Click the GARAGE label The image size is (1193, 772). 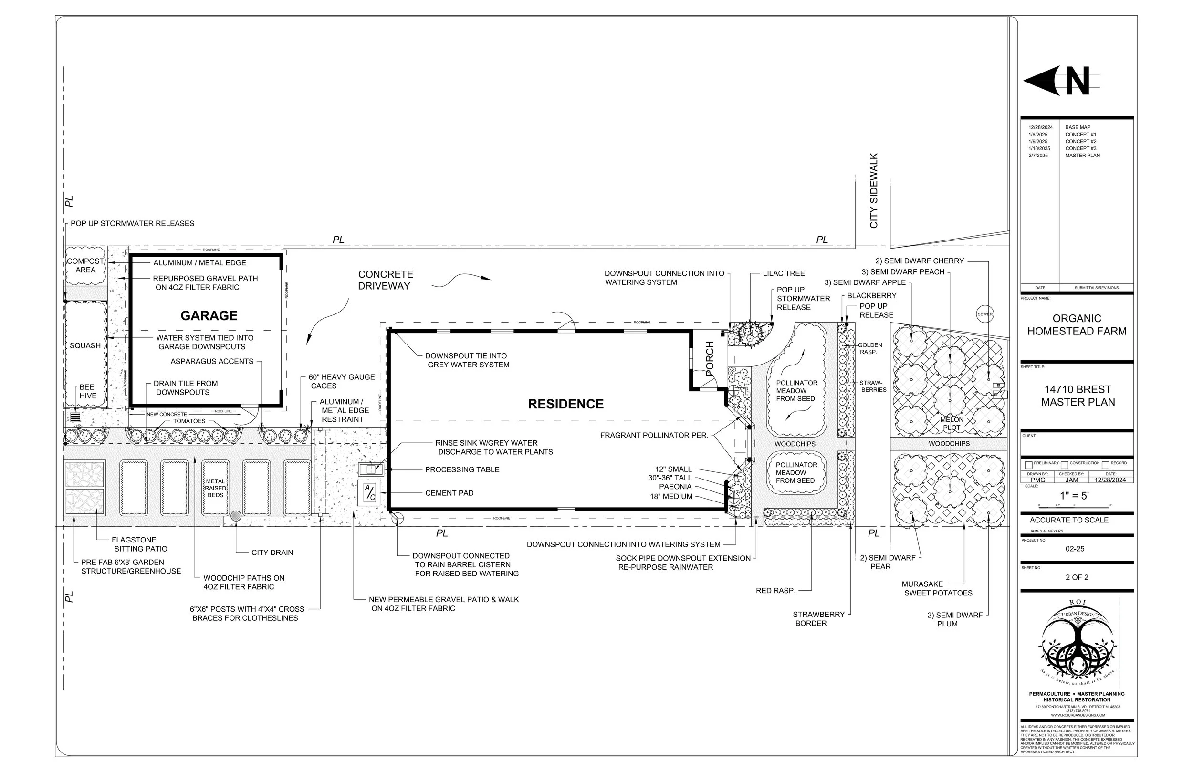[x=209, y=316]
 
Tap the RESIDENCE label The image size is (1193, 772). [x=565, y=404]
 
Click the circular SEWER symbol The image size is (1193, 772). [x=984, y=314]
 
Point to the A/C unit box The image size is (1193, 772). [x=369, y=493]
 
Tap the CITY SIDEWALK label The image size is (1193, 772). [x=874, y=191]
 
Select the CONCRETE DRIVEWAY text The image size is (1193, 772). [x=385, y=280]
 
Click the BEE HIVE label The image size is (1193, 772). [x=87, y=392]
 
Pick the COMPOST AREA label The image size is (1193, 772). [x=85, y=266]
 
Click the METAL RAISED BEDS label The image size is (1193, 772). [x=216, y=488]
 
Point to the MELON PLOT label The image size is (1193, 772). [x=952, y=424]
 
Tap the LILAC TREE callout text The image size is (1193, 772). [x=784, y=274]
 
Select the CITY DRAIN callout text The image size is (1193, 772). [x=272, y=553]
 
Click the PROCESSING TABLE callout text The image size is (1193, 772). [x=462, y=469]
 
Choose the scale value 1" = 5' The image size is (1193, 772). [x=1074, y=496]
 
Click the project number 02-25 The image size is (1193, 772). [x=1075, y=549]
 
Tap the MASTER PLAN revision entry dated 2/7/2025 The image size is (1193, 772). [x=1082, y=156]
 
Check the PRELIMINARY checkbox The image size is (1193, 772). [x=1028, y=465]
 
